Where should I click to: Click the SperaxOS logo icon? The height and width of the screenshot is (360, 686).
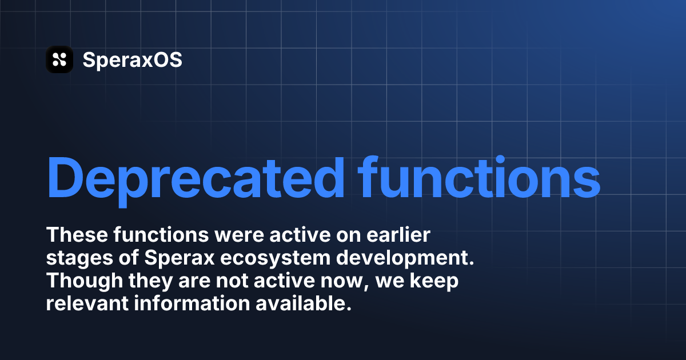coord(59,59)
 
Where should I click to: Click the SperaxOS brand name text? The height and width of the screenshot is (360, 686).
coord(132,59)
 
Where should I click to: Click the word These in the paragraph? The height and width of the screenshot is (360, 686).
coord(77,235)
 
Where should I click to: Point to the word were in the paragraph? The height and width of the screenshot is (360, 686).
coord(239,235)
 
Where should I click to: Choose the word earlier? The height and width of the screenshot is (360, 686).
coord(398,235)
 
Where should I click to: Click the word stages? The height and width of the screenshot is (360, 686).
coord(79,259)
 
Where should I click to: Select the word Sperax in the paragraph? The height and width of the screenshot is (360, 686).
coord(179,259)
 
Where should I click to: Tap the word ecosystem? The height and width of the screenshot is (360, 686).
coord(275,259)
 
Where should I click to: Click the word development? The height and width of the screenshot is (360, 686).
coord(405,259)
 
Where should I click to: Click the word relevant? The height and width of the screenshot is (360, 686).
coord(87,303)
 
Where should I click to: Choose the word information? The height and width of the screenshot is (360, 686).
coord(192,303)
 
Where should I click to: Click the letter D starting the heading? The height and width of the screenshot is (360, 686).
coord(65,178)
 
